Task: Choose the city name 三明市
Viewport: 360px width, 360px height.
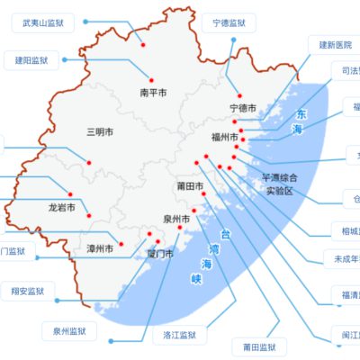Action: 100,132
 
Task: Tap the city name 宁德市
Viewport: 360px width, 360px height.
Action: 243,109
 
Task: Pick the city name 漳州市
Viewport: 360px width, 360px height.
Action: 100,247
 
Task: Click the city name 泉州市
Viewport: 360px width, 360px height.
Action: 175,219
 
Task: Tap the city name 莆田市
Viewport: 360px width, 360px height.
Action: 190,186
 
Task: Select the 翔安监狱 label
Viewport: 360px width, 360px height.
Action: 28,292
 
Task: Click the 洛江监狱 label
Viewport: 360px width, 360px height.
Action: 179,335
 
